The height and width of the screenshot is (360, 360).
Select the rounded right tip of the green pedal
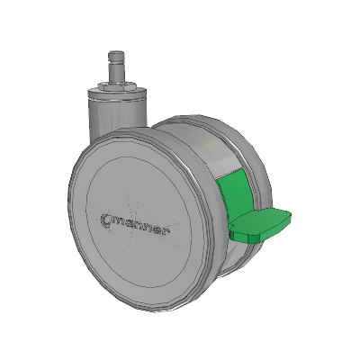coord(287,218)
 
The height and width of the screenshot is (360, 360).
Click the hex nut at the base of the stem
coord(116,86)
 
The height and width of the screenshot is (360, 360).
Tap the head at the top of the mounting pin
coord(116,56)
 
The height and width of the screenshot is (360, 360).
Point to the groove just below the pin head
coord(116,62)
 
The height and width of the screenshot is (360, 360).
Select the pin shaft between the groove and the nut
coord(116,73)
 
